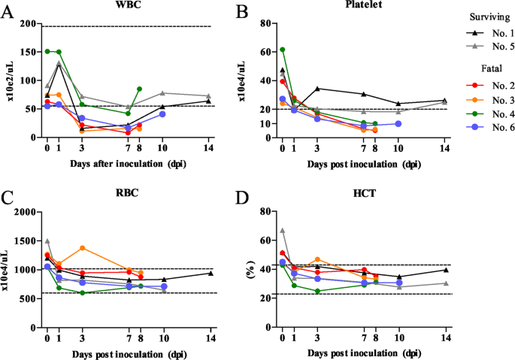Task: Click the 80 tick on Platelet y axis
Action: [x=265, y=24]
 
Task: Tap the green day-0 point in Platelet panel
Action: [x=283, y=50]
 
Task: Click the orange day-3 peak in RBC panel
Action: [x=82, y=248]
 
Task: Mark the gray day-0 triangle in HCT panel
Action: [x=283, y=231]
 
